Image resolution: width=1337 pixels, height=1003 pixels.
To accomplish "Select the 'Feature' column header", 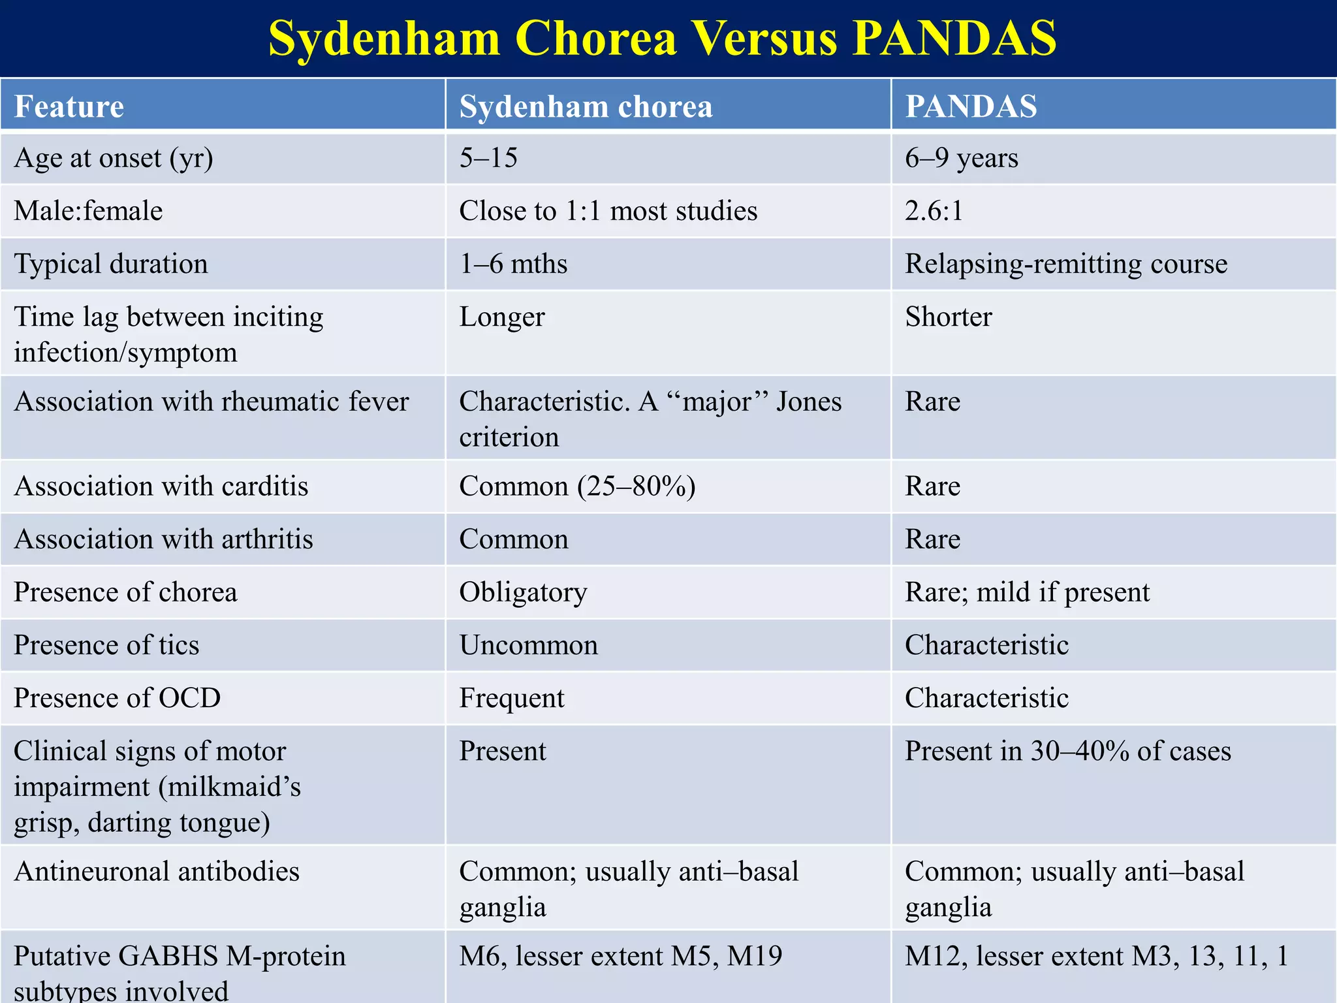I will [69, 106].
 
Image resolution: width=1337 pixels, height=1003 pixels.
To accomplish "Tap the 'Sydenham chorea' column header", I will [586, 106].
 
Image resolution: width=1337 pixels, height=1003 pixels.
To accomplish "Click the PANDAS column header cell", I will [971, 106].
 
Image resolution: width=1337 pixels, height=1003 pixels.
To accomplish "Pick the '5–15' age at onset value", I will [488, 158].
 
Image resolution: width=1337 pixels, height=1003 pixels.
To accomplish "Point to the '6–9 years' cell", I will [961, 158].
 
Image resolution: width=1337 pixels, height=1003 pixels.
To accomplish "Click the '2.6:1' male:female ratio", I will [934, 211].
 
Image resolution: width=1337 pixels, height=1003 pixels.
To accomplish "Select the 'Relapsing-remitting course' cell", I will [1065, 264].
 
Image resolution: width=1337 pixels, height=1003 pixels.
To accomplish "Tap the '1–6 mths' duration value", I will [513, 264].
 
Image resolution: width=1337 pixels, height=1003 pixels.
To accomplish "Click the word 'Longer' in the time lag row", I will [501, 317].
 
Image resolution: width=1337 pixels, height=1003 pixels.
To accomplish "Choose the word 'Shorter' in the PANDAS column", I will [948, 317].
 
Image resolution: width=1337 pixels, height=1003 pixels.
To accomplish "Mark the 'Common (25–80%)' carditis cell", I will [577, 486].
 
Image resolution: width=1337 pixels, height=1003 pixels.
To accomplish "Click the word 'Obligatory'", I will [523, 592].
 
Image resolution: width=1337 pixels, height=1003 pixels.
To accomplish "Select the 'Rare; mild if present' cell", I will [1027, 592].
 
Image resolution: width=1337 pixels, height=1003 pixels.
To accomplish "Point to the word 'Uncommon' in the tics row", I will [528, 645].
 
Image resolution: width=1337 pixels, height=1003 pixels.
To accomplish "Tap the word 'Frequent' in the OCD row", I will [511, 698].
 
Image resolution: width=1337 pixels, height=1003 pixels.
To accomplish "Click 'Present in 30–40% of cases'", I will [1067, 751].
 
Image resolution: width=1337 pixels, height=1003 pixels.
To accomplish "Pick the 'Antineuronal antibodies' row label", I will [157, 872].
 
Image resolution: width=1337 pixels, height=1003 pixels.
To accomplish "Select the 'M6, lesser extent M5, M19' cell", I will [620, 956].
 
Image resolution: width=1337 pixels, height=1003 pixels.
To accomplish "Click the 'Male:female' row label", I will [88, 211].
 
